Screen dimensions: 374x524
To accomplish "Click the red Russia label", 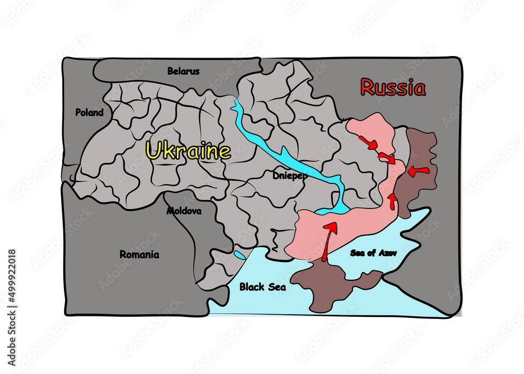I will pyautogui.click(x=393, y=87).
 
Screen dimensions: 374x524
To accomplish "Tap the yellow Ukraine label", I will pyautogui.click(x=188, y=151).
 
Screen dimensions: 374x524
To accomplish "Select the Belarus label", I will pyautogui.click(x=183, y=71).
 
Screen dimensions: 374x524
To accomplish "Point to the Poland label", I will pyautogui.click(x=89, y=112).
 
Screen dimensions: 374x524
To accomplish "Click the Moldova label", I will pyautogui.click(x=184, y=211).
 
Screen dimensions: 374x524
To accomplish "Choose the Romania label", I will pyautogui.click(x=139, y=255).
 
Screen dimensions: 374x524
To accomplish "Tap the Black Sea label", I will pyautogui.click(x=263, y=287).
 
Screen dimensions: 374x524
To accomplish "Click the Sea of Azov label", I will pyautogui.click(x=374, y=253).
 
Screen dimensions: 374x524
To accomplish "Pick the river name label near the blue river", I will pyautogui.click(x=290, y=175).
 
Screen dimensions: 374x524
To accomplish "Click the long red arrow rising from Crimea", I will pyautogui.click(x=328, y=240).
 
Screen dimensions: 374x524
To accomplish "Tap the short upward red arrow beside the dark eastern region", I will pyautogui.click(x=392, y=200).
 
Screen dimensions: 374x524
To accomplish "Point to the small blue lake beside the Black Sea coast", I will pyautogui.click(x=239, y=255).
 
